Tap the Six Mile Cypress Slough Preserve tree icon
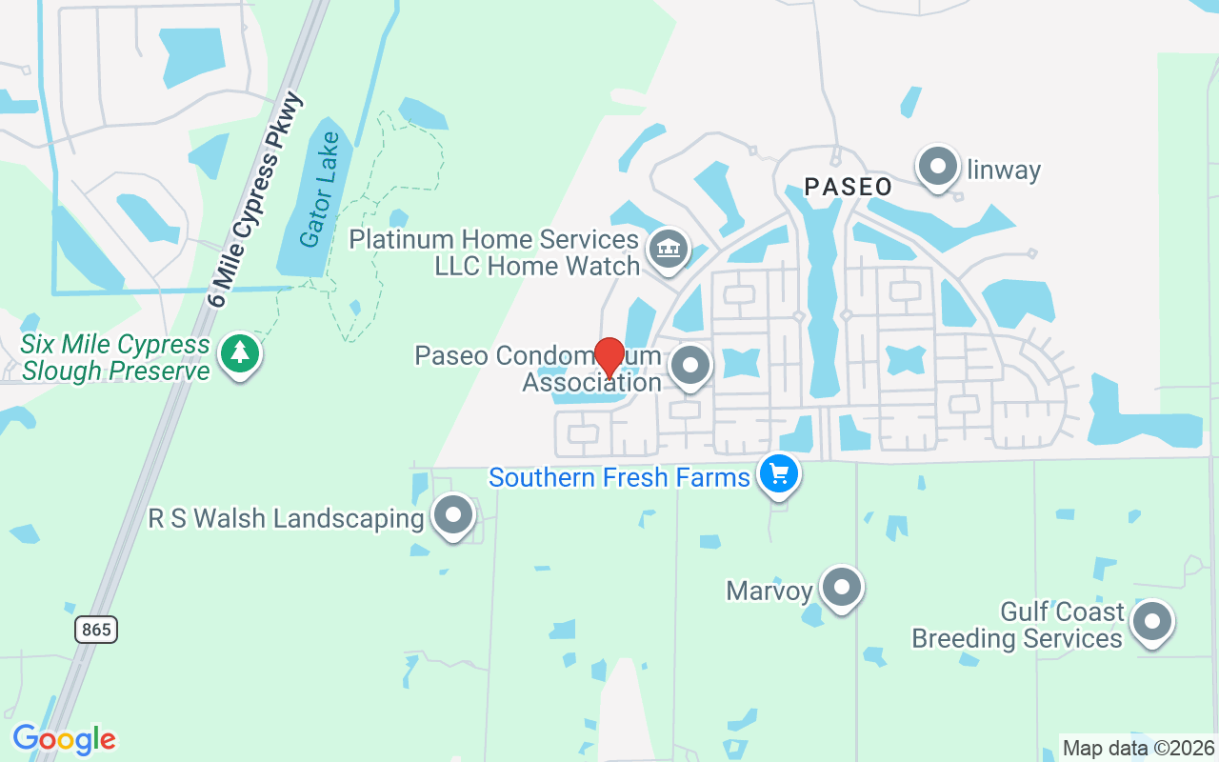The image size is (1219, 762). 240,353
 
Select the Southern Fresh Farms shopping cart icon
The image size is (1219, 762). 779,472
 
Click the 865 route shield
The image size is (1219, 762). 96,629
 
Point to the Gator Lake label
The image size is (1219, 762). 319,190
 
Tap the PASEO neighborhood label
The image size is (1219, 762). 848,187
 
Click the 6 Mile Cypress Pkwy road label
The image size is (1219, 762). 255,201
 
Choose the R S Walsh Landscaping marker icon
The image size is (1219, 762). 453,515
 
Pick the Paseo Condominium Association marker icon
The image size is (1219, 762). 690,366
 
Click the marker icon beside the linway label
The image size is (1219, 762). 938,167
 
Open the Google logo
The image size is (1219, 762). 64,739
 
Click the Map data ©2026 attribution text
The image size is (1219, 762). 1138,748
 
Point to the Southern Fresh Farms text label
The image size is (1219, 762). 619,476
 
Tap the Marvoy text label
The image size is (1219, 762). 769,592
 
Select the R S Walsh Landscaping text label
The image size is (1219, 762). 286,519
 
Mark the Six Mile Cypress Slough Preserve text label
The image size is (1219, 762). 115,357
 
